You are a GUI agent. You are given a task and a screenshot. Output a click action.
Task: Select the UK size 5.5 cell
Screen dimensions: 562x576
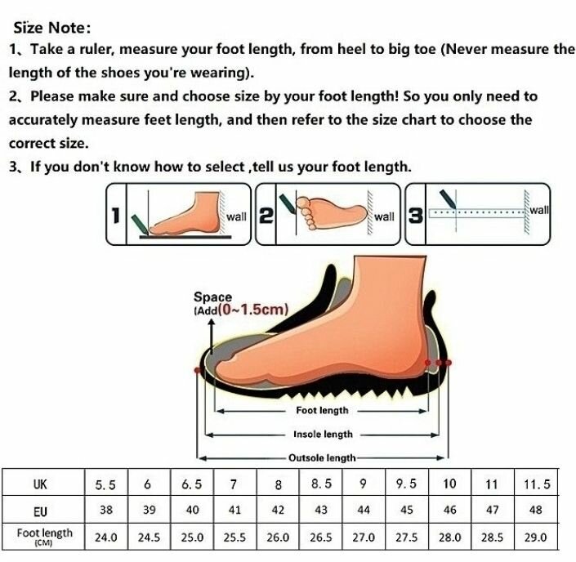(105, 484)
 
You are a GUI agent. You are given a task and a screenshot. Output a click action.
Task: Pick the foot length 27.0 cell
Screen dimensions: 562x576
(364, 537)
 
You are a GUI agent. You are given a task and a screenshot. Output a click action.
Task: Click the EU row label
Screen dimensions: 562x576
(41, 511)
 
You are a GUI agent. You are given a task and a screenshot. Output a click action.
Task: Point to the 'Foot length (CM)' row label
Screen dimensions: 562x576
(44, 537)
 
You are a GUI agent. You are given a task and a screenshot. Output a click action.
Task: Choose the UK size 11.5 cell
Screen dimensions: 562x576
(537, 484)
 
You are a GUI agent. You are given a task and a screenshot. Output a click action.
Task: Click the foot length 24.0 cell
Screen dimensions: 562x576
(105, 537)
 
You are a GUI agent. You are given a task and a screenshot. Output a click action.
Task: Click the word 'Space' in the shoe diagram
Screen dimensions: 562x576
(212, 297)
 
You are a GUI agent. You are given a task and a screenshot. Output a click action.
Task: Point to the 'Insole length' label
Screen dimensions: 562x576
(323, 435)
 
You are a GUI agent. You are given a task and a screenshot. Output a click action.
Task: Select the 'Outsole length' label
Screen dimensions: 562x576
(323, 458)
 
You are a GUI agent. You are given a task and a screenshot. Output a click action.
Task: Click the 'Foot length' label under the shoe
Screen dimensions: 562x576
(322, 410)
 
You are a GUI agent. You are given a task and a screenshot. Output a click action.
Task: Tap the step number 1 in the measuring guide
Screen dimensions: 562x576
(116, 216)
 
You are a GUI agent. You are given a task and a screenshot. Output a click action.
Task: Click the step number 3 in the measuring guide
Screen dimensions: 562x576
(415, 216)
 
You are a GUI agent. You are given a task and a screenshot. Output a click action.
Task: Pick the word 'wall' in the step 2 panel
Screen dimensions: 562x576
(384, 216)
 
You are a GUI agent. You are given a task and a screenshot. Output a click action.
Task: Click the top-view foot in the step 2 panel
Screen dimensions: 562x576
(331, 213)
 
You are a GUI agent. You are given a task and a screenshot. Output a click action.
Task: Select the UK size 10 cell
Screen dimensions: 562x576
(450, 484)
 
